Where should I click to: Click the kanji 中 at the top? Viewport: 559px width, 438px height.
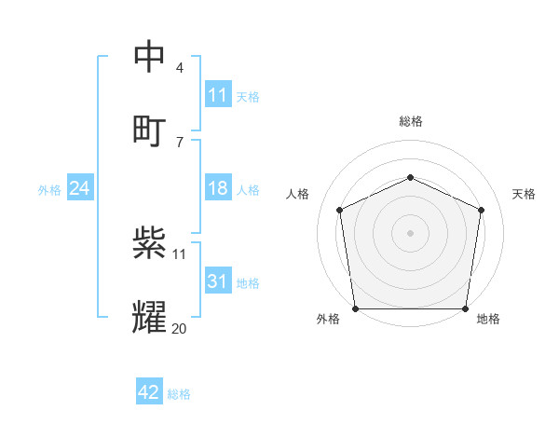[x=149, y=58]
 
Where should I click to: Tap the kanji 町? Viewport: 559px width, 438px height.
[x=149, y=130]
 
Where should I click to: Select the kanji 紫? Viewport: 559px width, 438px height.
[x=149, y=244]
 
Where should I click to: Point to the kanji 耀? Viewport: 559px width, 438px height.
[x=149, y=318]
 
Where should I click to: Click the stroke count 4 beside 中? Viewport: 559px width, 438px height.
[x=179, y=68]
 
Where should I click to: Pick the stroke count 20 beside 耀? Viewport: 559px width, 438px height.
[x=179, y=328]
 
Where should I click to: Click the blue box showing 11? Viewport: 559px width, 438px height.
[x=218, y=95]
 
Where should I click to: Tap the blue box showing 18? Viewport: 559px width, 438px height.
[x=218, y=189]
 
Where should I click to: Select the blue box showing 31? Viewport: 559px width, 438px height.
[x=218, y=282]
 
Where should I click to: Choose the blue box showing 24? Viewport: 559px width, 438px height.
[x=80, y=189]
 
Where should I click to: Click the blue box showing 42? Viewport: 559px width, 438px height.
[x=149, y=392]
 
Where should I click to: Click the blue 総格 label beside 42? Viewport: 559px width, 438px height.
[x=179, y=394]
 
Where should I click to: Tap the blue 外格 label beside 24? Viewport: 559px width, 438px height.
[x=49, y=190]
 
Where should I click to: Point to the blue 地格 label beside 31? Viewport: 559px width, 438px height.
[x=248, y=283]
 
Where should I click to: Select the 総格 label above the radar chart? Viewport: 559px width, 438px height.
[x=410, y=121]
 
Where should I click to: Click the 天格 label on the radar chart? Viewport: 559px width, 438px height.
[x=524, y=194]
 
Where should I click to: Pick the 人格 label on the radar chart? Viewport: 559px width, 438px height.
[x=297, y=194]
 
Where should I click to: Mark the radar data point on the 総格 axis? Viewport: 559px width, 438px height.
[x=410, y=177]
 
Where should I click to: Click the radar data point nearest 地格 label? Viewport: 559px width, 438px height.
[x=465, y=308]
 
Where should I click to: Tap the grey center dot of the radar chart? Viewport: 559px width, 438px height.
[x=410, y=233]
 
